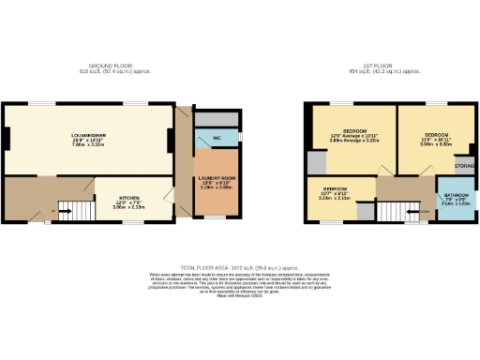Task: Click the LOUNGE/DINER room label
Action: click(89, 136)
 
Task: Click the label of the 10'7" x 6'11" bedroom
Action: click(335, 194)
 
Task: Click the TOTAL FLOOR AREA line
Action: click(239, 267)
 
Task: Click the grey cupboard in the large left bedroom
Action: click(316, 161)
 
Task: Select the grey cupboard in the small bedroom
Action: click(363, 210)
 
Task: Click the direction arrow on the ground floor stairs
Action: click(68, 211)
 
